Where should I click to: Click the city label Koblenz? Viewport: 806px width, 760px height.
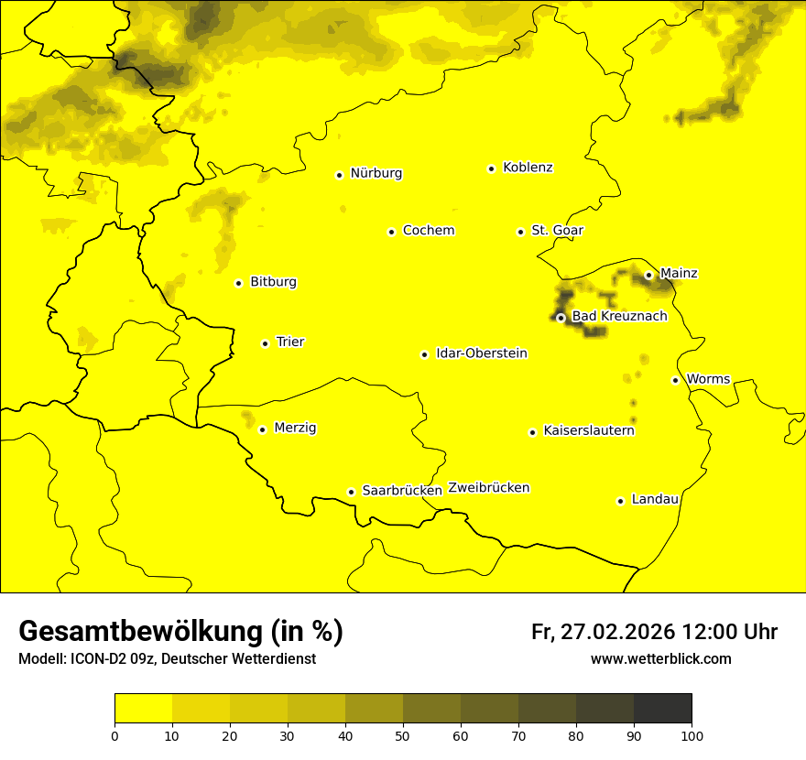528,168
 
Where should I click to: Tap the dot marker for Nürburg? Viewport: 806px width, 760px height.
339,175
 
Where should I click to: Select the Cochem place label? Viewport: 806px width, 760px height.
428,231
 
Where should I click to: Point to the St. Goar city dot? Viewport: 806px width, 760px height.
520,232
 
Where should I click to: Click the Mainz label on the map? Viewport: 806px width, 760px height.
679,274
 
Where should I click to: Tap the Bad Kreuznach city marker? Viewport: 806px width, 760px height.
561,318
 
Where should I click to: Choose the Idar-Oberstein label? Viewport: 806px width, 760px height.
482,353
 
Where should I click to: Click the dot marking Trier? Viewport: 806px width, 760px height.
266,343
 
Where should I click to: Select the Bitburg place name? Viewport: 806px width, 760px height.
273,282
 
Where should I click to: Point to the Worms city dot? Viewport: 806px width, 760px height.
676,380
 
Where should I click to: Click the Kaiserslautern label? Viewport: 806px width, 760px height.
589,430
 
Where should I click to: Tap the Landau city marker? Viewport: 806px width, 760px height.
620,501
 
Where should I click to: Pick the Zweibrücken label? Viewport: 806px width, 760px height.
488,488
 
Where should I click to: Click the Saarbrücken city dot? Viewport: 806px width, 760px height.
351,492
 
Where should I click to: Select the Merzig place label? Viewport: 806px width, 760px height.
295,428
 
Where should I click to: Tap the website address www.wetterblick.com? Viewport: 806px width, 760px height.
660,659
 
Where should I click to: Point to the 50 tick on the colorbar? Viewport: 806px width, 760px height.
403,734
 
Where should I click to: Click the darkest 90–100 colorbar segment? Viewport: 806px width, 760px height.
662,708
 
